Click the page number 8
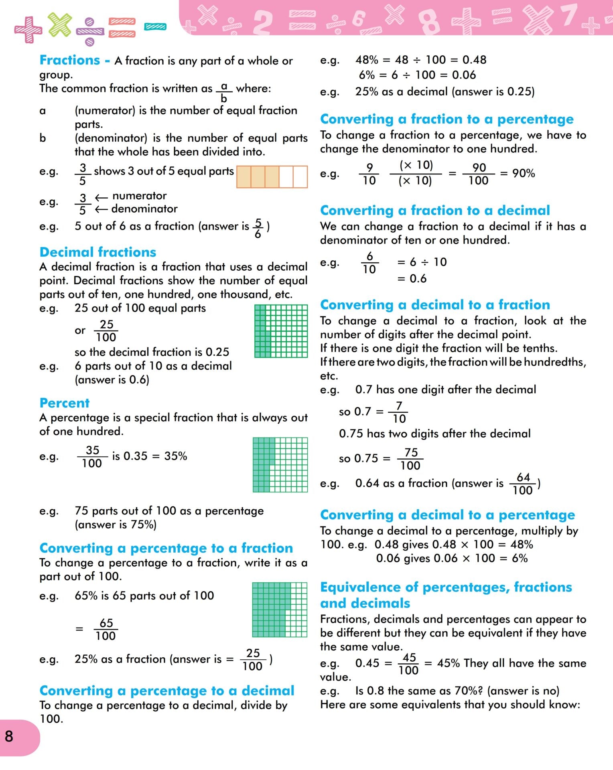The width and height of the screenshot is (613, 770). pos(9,736)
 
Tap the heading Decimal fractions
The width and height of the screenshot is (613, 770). pos(98,252)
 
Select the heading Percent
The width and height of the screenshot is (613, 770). pos(64,403)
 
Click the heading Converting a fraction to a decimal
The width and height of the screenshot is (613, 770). pos(435,210)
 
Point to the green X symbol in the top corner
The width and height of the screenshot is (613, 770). pos(60,24)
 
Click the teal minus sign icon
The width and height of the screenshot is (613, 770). pos(155,27)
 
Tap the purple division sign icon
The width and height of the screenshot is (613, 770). pos(90,32)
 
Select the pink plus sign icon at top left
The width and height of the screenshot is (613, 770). pos(28,29)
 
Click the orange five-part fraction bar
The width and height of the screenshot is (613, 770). pos(272,177)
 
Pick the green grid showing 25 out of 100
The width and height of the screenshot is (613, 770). pos(281,331)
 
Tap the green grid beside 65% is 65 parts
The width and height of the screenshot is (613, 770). pos(280,610)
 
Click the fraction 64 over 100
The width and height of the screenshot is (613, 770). pos(523,484)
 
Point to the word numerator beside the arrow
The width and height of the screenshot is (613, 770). pos(139,196)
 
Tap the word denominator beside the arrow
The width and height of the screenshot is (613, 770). pos(144,209)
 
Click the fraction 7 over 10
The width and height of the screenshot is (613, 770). pos(399,412)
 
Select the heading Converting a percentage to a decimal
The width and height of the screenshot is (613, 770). pos(167,691)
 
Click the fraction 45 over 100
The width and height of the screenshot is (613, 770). pos(408,664)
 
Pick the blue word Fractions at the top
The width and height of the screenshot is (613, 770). pos(70,60)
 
